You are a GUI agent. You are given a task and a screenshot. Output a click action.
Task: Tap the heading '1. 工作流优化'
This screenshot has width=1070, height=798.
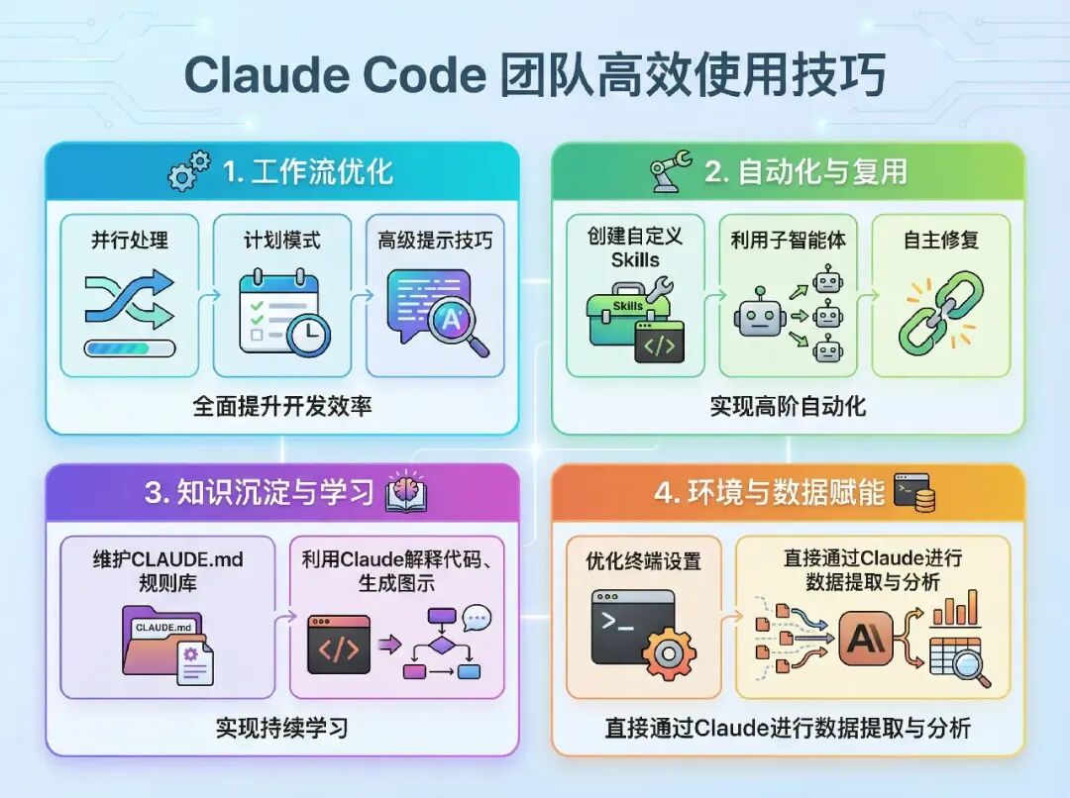[307, 171]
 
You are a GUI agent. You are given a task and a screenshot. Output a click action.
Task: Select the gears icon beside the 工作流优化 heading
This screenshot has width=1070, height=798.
[188, 170]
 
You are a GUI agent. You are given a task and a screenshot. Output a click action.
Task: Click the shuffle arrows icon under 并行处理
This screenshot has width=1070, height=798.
[129, 301]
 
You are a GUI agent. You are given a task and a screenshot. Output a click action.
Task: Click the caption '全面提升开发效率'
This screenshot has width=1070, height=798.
[282, 406]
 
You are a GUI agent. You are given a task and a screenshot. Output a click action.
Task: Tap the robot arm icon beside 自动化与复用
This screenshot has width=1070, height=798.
[672, 170]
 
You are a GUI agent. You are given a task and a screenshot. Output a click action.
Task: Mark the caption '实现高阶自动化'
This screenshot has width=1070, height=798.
[788, 406]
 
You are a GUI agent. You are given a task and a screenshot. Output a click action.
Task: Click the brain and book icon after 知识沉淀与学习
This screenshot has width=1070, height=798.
[406, 492]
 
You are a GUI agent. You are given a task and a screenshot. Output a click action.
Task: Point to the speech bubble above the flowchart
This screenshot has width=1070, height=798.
[477, 619]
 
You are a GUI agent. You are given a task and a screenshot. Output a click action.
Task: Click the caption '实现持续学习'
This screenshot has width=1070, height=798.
[282, 729]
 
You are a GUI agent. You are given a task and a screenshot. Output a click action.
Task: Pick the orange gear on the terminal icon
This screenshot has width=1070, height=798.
[668, 654]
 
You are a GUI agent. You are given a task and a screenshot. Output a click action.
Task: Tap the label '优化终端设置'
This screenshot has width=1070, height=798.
[643, 560]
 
